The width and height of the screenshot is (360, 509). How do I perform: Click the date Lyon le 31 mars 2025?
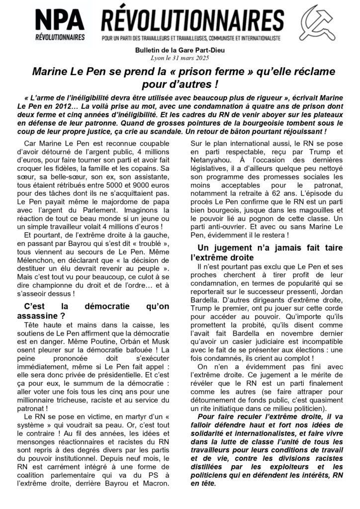180,59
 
